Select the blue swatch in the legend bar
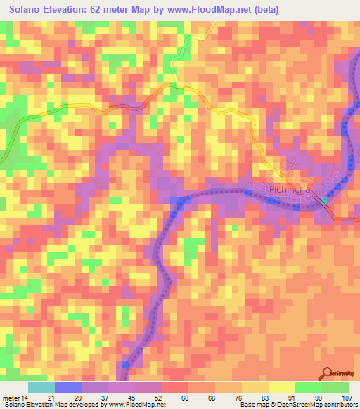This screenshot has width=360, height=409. [67, 387]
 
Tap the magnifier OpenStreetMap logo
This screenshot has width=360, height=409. [327, 374]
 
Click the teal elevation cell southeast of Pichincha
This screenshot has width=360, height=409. [324, 201]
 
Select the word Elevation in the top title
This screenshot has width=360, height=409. [75, 10]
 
